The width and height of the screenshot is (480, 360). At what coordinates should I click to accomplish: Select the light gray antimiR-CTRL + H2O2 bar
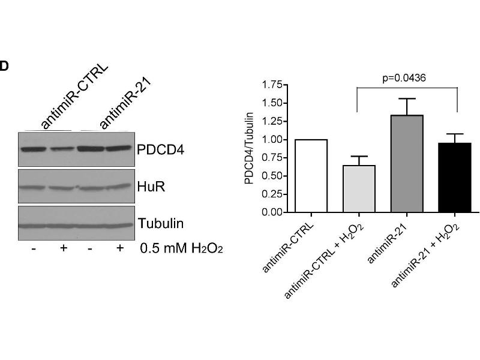pyautogui.click(x=359, y=189)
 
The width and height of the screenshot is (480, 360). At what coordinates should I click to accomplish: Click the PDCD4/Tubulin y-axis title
pyautogui.click(x=250, y=148)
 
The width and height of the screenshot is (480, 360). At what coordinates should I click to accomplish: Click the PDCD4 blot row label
pyautogui.click(x=161, y=149)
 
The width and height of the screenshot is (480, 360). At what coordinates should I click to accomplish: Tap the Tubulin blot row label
pyautogui.click(x=161, y=224)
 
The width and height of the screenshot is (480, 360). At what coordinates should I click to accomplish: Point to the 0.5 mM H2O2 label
pyautogui.click(x=181, y=248)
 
